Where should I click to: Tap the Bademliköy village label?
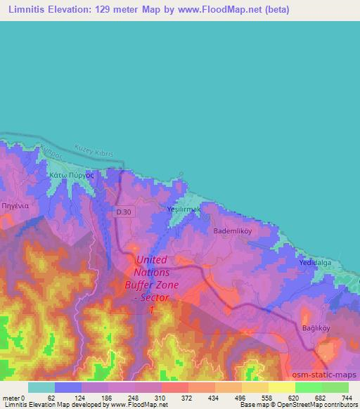click(x=229, y=230)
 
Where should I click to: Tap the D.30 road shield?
click(x=124, y=212)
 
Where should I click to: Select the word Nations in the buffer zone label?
click(x=152, y=273)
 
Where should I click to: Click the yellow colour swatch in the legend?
click(x=281, y=387)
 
